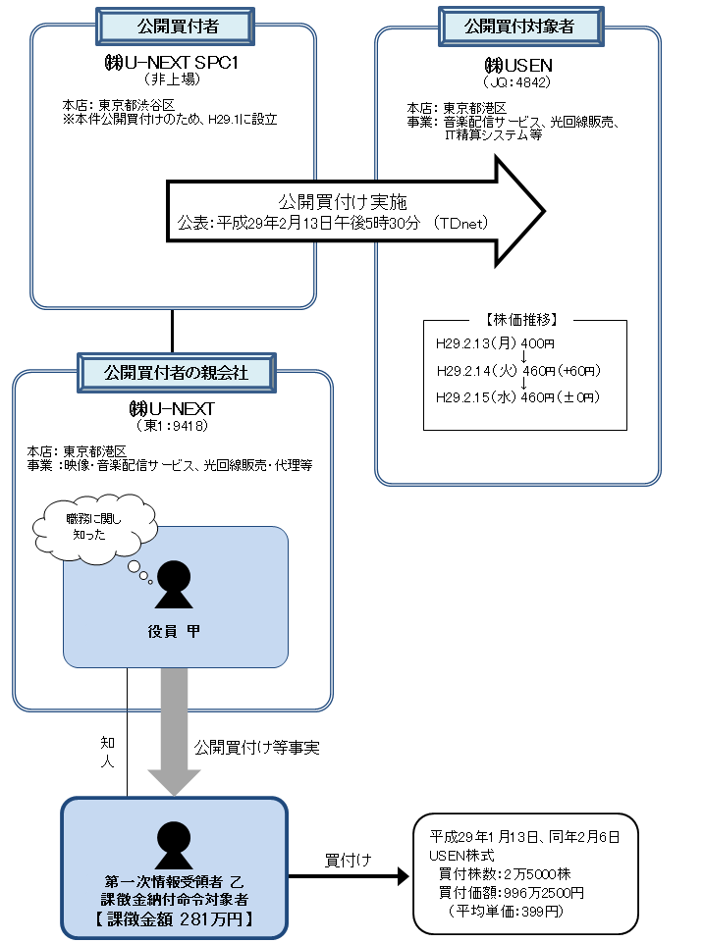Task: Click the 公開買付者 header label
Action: pyautogui.click(x=173, y=23)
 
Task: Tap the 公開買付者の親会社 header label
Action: pyautogui.click(x=175, y=371)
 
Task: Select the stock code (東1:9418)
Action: pyautogui.click(x=173, y=425)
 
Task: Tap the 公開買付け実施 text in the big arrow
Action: pyautogui.click(x=336, y=201)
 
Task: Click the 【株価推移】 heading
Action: pyautogui.click(x=524, y=320)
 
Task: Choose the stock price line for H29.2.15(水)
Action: pyautogui.click(x=517, y=397)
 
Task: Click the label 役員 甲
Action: pyautogui.click(x=174, y=632)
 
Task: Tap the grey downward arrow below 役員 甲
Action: pyautogui.click(x=174, y=731)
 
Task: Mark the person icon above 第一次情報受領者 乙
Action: pyautogui.click(x=175, y=839)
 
